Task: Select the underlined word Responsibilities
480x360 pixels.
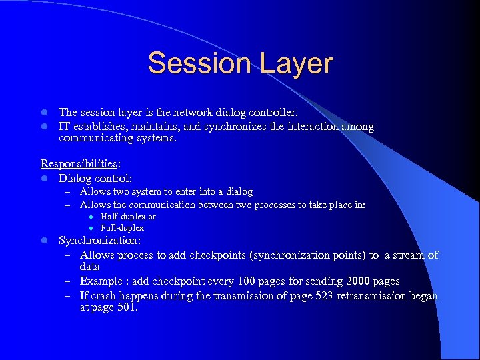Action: click(74, 163)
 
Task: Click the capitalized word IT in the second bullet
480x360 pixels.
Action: click(65, 127)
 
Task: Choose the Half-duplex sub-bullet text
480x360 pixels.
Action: click(127, 217)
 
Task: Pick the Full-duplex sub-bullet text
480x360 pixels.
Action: click(122, 228)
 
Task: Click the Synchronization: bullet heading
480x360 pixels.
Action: click(99, 241)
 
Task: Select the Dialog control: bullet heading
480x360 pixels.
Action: click(95, 178)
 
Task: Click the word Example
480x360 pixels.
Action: click(101, 281)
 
